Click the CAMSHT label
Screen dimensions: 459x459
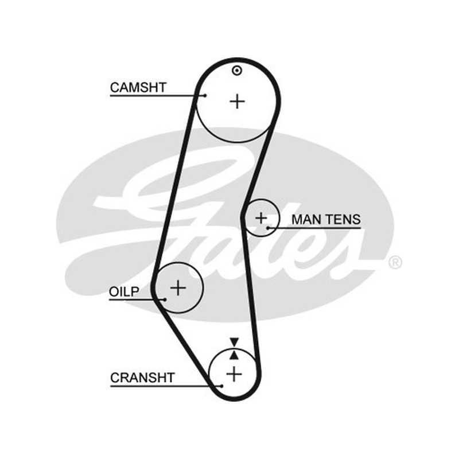click(138, 88)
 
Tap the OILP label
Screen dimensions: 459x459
click(124, 291)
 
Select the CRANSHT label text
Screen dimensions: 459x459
click(142, 378)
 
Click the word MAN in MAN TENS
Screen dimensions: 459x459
click(308, 220)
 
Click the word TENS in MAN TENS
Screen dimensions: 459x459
click(343, 220)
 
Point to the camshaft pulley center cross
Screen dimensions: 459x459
click(237, 102)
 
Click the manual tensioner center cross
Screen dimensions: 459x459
click(261, 218)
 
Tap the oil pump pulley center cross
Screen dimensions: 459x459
click(178, 287)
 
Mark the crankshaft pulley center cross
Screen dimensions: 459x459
click(234, 374)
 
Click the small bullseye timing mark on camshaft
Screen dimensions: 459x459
click(237, 71)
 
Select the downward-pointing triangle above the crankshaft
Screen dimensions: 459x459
click(234, 342)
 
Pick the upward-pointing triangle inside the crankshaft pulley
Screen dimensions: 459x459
click(234, 355)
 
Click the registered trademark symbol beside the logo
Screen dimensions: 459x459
click(395, 262)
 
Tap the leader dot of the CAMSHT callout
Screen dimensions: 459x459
click(205, 95)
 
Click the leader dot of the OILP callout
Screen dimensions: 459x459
click(165, 299)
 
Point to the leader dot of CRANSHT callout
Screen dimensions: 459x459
click(221, 386)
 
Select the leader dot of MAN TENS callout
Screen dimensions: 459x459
click(267, 228)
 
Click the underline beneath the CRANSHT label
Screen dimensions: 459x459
click(166, 386)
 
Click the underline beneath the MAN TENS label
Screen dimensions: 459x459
click(314, 228)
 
